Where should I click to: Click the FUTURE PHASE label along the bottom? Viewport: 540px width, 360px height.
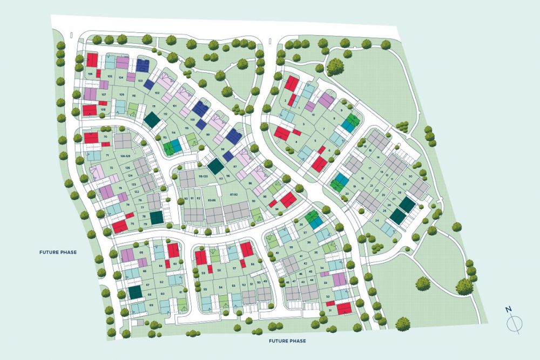pos(288,341)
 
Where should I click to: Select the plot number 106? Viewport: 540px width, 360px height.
pos(90,73)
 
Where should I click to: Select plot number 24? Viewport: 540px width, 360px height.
pos(376,221)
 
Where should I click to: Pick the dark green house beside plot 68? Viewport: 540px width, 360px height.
pos(135,292)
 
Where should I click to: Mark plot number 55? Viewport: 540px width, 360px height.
pos(205,289)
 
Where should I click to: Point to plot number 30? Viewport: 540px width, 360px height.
pos(410,176)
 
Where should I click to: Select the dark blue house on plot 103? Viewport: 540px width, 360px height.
pos(143,66)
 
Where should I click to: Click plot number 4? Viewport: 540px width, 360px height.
pos(296,142)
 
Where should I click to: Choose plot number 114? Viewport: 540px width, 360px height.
pos(173,132)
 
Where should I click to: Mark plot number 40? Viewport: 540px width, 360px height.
pos(277,253)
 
